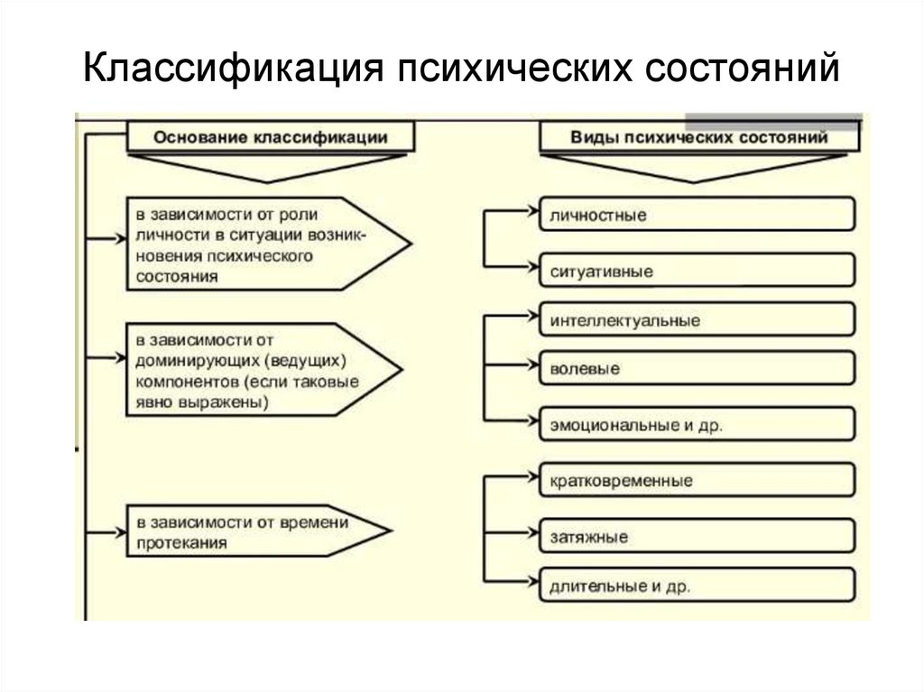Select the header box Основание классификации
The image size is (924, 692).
[271, 138]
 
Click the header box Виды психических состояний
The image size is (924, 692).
[699, 138]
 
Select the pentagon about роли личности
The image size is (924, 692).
[262, 241]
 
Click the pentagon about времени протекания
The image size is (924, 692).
[253, 532]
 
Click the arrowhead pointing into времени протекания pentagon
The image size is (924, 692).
[119, 531]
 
